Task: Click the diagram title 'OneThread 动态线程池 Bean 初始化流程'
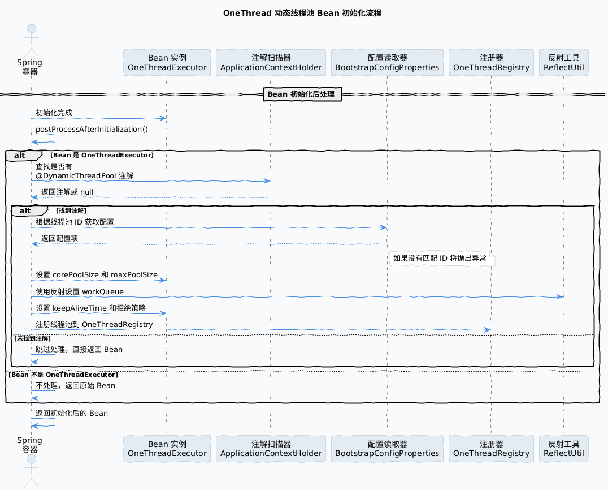pos(302,13)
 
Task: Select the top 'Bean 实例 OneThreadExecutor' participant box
pos(167,62)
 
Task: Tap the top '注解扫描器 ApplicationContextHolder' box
pos(271,62)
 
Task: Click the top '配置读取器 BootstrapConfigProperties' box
pos(387,62)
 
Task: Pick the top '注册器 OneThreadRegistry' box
pos(491,62)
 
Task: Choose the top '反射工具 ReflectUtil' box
pos(564,62)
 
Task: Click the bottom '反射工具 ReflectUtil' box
pos(564,449)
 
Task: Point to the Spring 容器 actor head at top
pos(31,29)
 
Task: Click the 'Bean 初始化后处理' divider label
pos(302,94)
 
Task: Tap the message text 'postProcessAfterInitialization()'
pos(92,130)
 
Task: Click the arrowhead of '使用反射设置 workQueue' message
pos(560,296)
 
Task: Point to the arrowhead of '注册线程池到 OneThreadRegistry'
pos(488,330)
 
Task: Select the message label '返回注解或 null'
pos(67,192)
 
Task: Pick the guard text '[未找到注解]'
pos(32,338)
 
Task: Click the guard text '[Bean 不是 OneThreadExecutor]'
pos(63,375)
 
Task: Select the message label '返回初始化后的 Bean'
pos(72,413)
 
